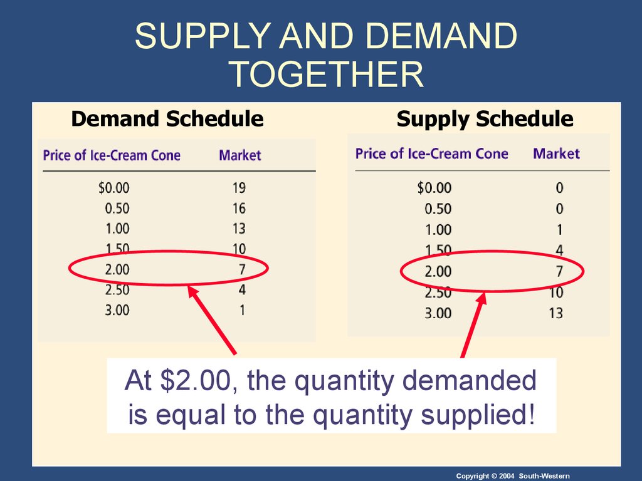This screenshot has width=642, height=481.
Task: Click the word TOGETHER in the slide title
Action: [326, 74]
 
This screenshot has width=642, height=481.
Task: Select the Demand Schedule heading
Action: [167, 118]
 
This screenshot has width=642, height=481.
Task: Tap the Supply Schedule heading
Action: [485, 119]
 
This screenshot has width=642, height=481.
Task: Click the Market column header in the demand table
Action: [240, 155]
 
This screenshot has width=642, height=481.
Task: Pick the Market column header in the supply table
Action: [556, 153]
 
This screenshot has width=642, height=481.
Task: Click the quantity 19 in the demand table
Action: [239, 188]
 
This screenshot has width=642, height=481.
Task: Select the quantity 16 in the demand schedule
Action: [239, 208]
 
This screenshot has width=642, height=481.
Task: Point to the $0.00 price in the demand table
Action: [114, 188]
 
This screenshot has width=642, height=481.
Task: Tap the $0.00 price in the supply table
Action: [434, 188]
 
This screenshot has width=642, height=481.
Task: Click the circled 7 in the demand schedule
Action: [242, 269]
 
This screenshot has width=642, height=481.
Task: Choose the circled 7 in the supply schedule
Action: [559, 271]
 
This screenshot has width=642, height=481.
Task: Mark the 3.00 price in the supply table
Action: [438, 313]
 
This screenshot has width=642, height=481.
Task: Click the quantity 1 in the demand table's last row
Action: [243, 310]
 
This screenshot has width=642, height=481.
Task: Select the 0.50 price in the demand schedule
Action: [117, 208]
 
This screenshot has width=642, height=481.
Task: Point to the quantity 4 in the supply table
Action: [559, 250]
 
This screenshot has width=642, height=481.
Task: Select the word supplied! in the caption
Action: [478, 415]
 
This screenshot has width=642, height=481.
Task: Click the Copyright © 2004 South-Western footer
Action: [513, 476]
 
